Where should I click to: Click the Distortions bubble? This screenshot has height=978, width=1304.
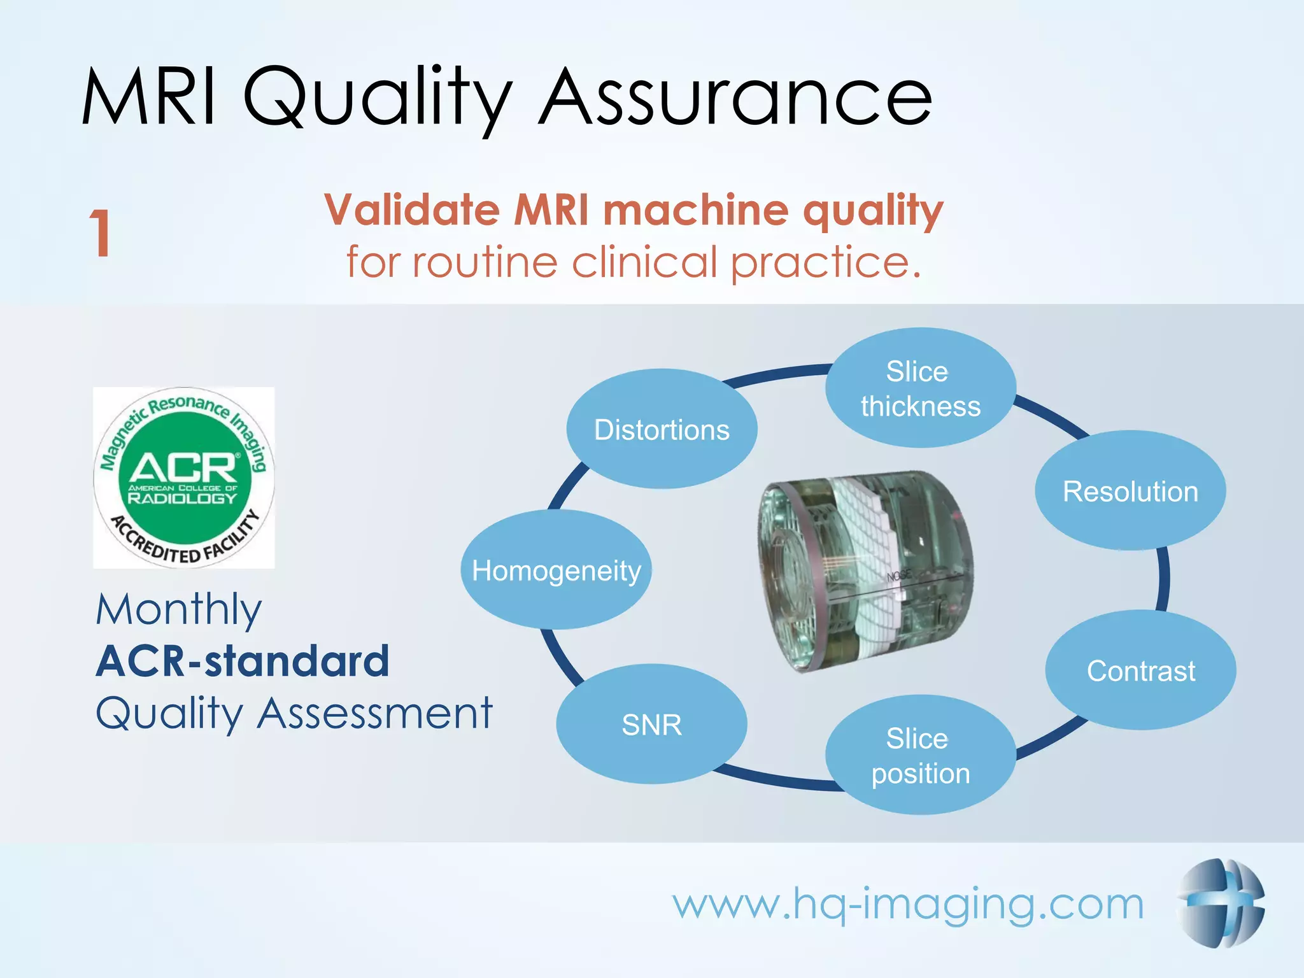click(662, 429)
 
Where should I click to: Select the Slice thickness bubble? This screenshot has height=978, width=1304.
click(920, 388)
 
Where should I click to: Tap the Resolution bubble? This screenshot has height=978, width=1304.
click(1130, 491)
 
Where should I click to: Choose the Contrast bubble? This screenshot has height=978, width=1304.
click(1140, 670)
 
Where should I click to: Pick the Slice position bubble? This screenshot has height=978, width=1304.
click(920, 756)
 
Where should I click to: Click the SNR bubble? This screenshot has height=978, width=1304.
click(651, 725)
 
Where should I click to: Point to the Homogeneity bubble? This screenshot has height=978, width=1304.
click(556, 570)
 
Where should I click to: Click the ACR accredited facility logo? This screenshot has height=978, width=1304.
click(184, 478)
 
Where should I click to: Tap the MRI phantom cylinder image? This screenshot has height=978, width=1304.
click(866, 570)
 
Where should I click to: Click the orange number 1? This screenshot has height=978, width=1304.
click(101, 234)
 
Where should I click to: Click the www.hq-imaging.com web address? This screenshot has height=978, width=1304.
click(908, 904)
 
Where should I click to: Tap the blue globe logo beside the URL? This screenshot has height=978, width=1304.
click(1220, 903)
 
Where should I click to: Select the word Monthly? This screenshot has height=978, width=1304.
click(179, 610)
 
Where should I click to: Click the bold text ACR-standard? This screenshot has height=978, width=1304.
click(243, 661)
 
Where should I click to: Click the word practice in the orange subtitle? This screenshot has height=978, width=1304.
click(825, 262)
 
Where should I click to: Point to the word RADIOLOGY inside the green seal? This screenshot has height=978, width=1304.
click(183, 498)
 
